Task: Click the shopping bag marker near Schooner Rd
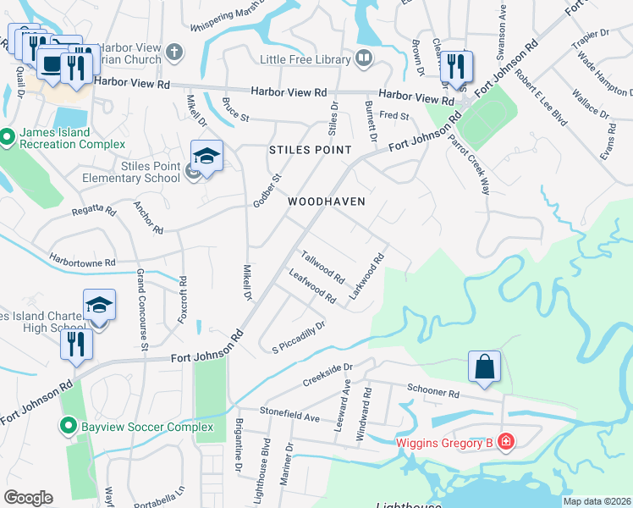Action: coord(484,367)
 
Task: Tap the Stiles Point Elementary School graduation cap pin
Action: coord(206,157)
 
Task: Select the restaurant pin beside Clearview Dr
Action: coord(455,67)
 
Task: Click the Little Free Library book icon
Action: coord(364,59)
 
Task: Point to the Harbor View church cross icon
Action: coord(175,52)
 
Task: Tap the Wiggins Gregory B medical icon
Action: coord(505,441)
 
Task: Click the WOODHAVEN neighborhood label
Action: coord(326,202)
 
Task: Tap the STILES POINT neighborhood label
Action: coord(310,150)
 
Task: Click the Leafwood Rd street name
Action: coord(312,286)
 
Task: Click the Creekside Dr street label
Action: coord(328,375)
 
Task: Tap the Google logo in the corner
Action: coord(28,498)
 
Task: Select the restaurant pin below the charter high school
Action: coord(76,345)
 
